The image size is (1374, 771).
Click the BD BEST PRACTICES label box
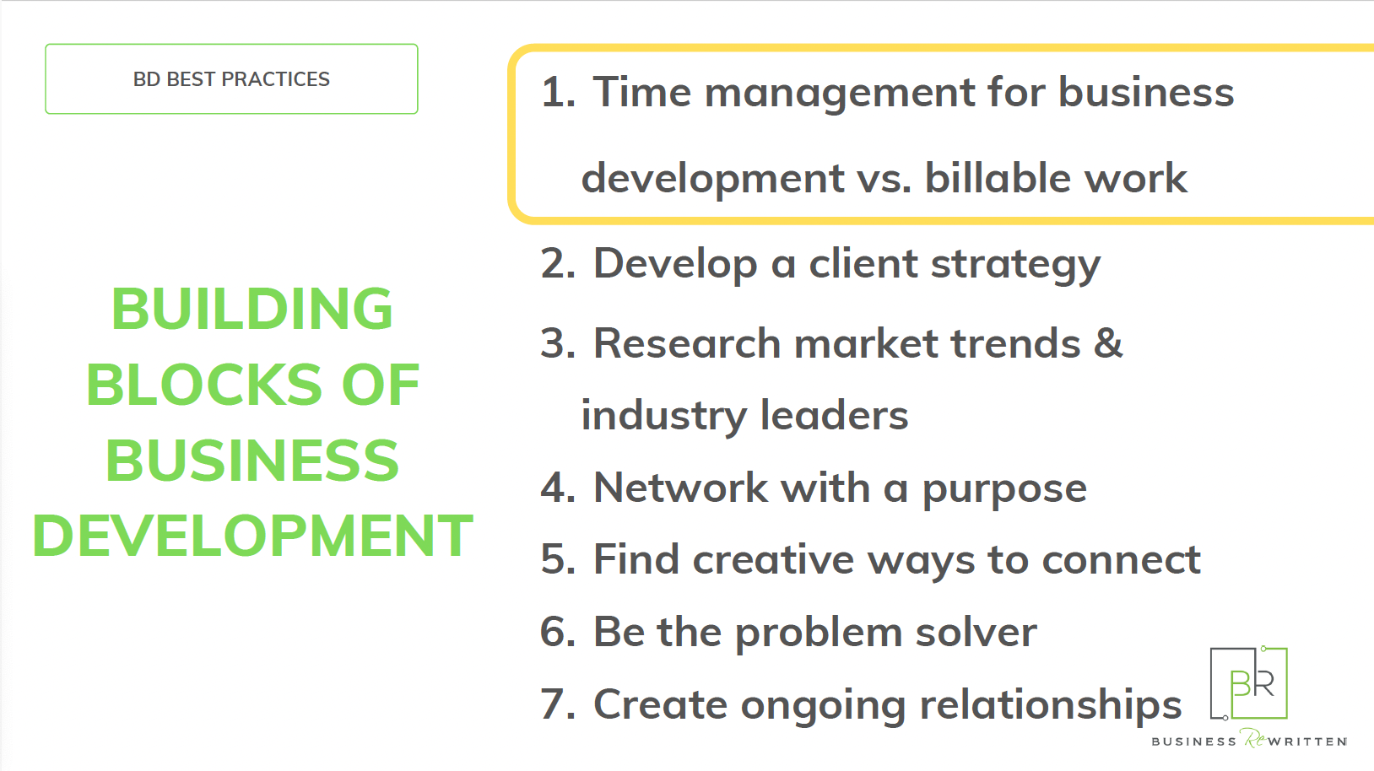pyautogui.click(x=231, y=79)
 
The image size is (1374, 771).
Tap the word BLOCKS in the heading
pyautogui.click(x=203, y=385)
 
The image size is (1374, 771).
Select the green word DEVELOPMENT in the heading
pyautogui.click(x=252, y=536)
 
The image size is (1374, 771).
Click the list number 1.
pyautogui.click(x=557, y=93)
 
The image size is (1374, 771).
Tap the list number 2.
pyautogui.click(x=558, y=263)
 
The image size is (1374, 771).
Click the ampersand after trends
pyautogui.click(x=1108, y=342)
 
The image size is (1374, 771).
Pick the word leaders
pyautogui.click(x=834, y=415)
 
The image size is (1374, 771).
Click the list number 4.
pyautogui.click(x=558, y=488)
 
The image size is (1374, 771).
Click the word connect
pyautogui.click(x=1122, y=561)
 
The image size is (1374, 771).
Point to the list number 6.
pyautogui.click(x=558, y=632)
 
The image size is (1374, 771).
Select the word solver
pyautogui.click(x=976, y=632)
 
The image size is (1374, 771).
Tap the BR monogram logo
pyautogui.click(x=1248, y=682)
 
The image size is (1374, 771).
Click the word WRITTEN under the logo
pyautogui.click(x=1307, y=742)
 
